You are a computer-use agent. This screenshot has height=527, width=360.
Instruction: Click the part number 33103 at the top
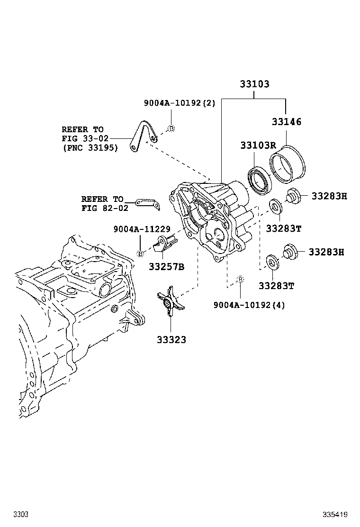click(254, 84)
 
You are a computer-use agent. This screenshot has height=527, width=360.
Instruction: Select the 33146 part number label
click(286, 122)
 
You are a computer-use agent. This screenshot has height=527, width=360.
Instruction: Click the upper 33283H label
click(329, 196)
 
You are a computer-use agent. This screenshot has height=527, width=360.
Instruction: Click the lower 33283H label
click(326, 252)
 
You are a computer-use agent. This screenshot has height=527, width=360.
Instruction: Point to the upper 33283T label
click(283, 228)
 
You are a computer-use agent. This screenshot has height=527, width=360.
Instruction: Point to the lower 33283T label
click(276, 285)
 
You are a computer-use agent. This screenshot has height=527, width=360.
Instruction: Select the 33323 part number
click(171, 339)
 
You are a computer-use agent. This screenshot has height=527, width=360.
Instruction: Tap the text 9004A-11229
click(142, 229)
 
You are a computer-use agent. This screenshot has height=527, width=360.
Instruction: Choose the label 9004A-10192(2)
click(180, 103)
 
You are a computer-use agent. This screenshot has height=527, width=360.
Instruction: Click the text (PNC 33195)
click(90, 148)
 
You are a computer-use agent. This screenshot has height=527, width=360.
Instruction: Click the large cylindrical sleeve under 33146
click(288, 163)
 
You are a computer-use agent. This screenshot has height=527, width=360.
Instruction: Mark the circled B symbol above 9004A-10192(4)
click(240, 280)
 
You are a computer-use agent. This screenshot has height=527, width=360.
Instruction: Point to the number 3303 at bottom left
click(20, 514)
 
